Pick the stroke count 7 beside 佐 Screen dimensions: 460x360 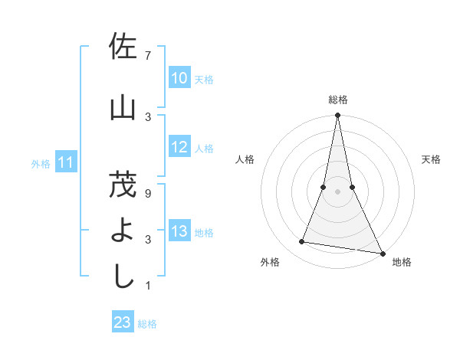[x=148, y=56]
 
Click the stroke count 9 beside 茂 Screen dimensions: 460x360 [x=148, y=193]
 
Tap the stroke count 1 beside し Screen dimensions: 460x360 [x=148, y=286]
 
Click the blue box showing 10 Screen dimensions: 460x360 [x=179, y=78]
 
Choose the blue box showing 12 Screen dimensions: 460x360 [x=179, y=147]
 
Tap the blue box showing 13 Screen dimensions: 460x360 [x=179, y=232]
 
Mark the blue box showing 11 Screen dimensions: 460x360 [x=66, y=162]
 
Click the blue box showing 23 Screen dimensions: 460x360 [x=122, y=322]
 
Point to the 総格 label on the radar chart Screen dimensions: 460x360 [x=338, y=100]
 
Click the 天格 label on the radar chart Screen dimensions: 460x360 [x=432, y=159]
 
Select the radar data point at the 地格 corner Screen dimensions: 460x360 [x=382, y=252]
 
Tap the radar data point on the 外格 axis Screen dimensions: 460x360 [x=302, y=242]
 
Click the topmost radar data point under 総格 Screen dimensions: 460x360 [x=337, y=116]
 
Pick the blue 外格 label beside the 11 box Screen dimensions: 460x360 [x=41, y=163]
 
